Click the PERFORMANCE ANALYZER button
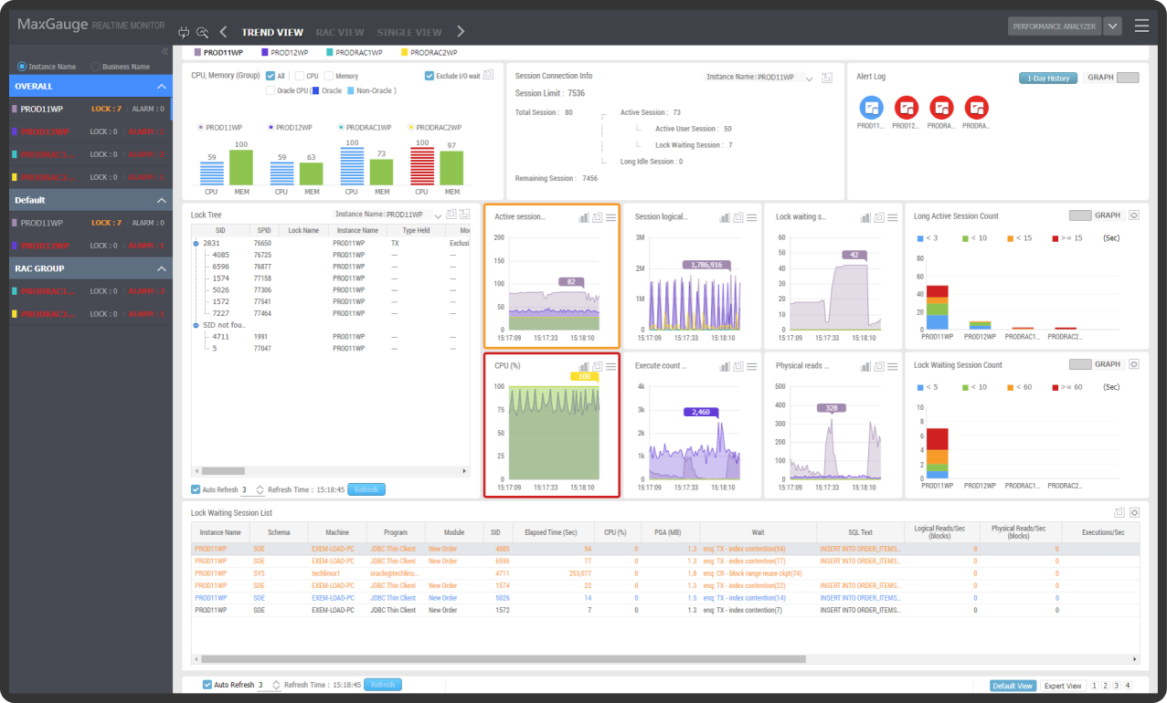1054,26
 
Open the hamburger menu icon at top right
1141,26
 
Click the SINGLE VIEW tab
409,32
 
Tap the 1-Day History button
1048,79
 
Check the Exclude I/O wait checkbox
430,76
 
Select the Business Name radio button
96,67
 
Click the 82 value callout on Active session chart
570,282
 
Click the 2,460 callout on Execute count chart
700,413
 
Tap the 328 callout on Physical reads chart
832,408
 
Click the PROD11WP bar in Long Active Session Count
937,308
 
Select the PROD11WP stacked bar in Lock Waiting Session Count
937,453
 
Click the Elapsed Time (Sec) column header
545,532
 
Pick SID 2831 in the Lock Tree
211,244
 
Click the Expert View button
1062,686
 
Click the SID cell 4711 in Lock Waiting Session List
496,573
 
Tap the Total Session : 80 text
544,112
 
